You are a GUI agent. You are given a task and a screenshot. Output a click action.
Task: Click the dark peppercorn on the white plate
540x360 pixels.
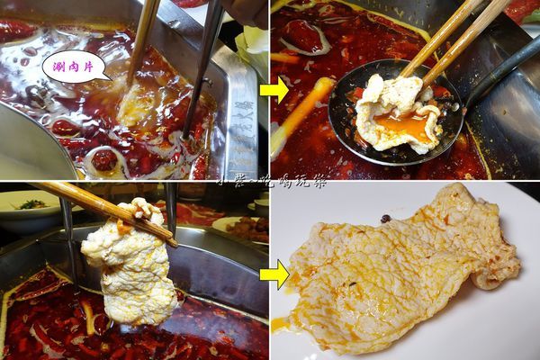[386, 219]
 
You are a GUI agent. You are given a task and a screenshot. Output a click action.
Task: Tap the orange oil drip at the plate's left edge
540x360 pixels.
[281, 323]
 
